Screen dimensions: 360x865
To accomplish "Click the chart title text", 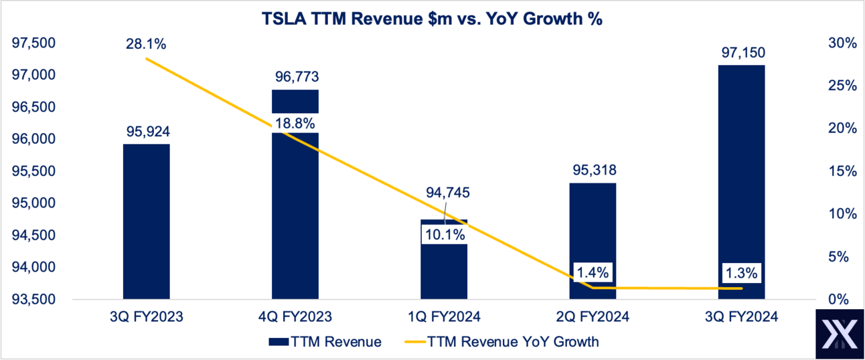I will point(432,19).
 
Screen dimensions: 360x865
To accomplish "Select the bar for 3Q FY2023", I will point(146,221).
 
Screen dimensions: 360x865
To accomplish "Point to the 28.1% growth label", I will point(145,44).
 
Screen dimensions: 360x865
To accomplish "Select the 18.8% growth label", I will point(295,123).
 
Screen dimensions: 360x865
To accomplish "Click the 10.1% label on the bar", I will point(443,235).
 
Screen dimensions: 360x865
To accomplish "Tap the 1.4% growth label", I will point(593,272).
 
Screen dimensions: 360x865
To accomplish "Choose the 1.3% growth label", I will point(741,272).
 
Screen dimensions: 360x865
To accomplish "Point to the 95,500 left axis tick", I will point(34,171).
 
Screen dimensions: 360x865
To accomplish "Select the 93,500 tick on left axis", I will point(34,299).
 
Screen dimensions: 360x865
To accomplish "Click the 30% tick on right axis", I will point(842,43).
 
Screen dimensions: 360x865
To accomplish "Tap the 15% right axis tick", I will point(842,171).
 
